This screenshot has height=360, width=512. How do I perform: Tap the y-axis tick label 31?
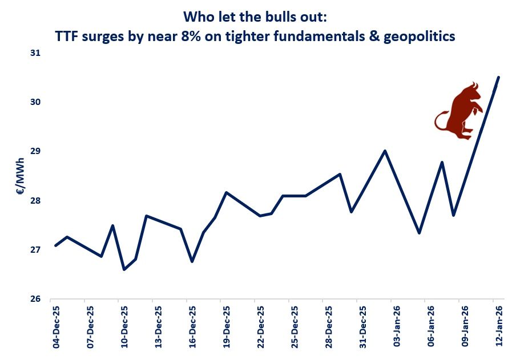coord(35,53)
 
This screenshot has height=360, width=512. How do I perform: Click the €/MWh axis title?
coord(20,176)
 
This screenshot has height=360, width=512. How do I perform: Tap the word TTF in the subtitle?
coord(67,37)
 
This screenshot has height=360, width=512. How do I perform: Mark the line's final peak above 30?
coord(498,77)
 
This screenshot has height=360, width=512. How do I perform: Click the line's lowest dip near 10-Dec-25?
coord(124,269)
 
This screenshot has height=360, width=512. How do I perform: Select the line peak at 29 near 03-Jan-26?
coord(385,151)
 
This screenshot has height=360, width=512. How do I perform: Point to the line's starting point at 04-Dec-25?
coord(55,245)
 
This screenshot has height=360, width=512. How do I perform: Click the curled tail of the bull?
coord(439,121)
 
